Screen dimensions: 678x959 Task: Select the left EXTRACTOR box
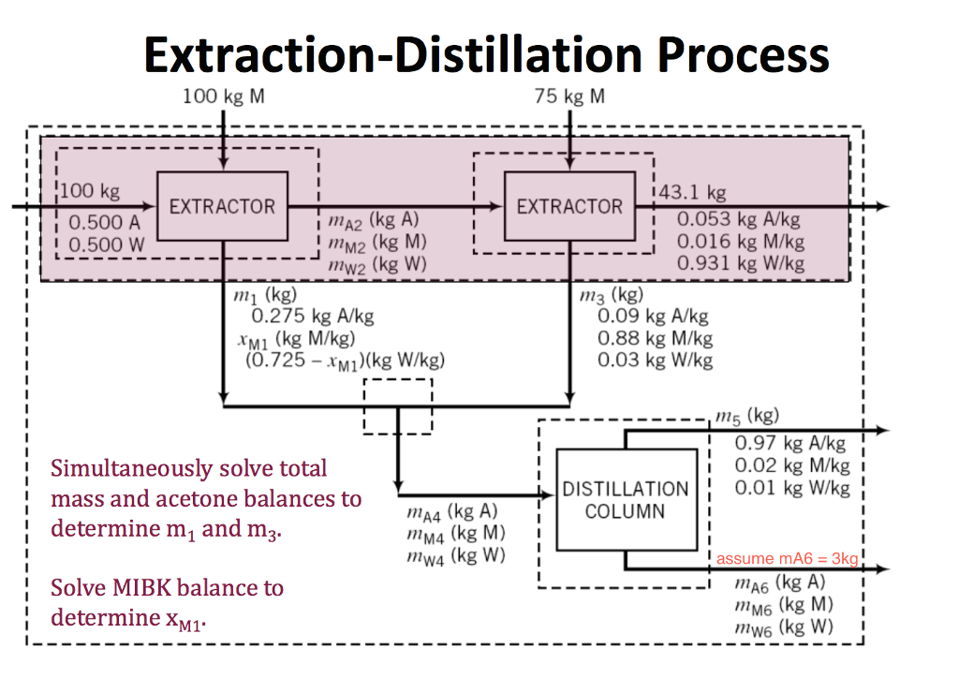[x=222, y=206]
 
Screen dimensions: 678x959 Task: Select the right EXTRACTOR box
[x=569, y=206]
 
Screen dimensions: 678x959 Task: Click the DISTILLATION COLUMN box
[x=626, y=499]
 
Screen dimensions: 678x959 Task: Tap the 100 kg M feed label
[x=222, y=96]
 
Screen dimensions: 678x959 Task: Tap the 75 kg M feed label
[x=569, y=96]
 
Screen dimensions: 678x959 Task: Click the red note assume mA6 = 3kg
[x=787, y=559]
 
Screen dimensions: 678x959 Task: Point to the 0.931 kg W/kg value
[x=740, y=263]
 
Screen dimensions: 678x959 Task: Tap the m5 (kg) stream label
[x=745, y=416]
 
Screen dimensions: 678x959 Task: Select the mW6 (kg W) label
[x=779, y=626]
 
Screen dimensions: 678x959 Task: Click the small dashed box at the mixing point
[x=397, y=405]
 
